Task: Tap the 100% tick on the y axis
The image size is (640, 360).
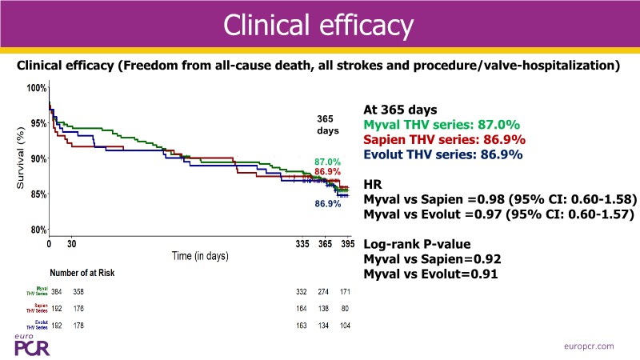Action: (x=38, y=88)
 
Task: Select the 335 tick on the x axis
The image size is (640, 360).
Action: (x=302, y=243)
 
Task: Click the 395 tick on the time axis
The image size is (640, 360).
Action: (x=348, y=243)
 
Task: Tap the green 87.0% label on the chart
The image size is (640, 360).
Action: (x=328, y=162)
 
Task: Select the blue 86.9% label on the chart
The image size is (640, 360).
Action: (x=328, y=204)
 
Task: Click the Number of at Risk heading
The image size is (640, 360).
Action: (x=82, y=273)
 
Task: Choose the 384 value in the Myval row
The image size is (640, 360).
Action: (x=56, y=290)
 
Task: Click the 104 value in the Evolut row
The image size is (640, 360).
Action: (x=346, y=326)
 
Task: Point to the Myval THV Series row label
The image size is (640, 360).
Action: (x=37, y=290)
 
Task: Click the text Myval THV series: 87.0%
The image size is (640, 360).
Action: (x=442, y=125)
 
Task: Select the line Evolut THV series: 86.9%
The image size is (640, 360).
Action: (x=442, y=154)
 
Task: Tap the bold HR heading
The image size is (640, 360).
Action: (x=373, y=183)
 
